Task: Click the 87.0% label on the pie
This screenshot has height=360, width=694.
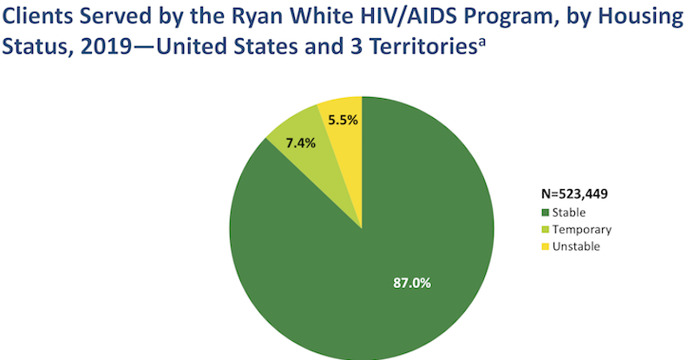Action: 412,283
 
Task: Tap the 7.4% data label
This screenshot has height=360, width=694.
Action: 300,143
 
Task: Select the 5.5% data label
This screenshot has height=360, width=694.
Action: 343,120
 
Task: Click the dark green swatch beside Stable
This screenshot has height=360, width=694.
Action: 546,213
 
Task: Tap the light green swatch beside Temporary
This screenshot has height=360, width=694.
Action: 546,230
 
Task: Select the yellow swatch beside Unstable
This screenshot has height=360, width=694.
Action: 546,246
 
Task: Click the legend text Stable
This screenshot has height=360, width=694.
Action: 569,213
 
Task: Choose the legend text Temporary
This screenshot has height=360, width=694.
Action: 582,230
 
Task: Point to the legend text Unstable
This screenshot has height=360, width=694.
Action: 576,246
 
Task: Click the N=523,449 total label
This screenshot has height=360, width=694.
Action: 574,194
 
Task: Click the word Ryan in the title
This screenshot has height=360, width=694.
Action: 256,16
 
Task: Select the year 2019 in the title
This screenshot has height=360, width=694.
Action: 107,47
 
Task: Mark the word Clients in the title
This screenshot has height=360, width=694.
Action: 36,16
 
